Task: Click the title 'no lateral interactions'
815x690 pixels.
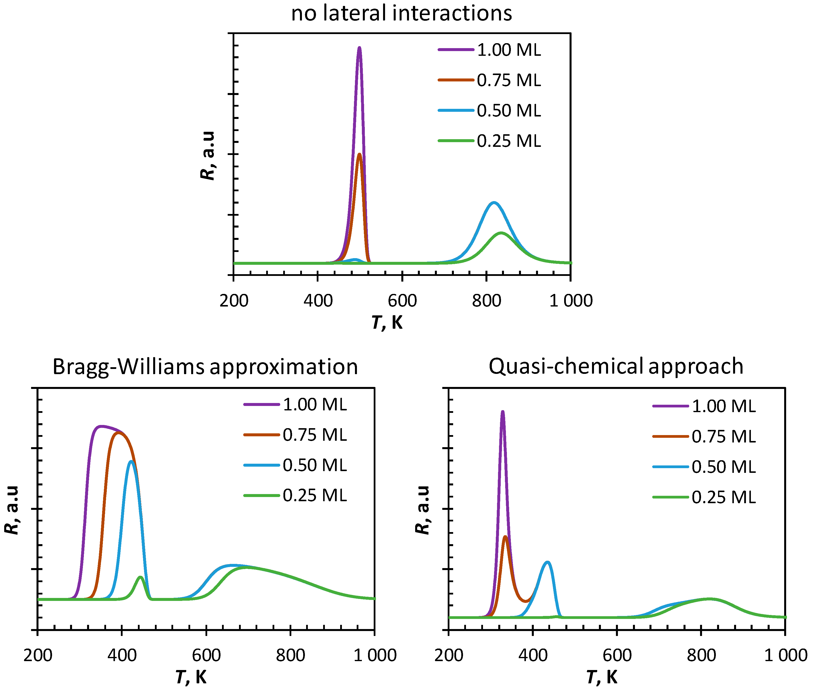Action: coord(401,13)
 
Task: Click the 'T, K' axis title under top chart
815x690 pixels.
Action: coord(387,323)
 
